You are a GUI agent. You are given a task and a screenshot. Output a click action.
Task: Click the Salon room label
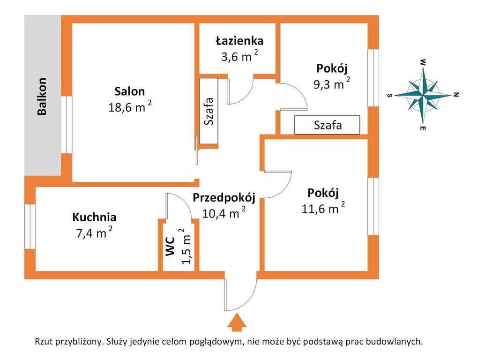[130, 91]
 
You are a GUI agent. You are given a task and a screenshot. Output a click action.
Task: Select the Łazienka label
[239, 41]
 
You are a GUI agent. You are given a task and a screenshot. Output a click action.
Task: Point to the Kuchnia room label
[94, 217]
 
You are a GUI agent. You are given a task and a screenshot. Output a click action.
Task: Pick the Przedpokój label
[224, 197]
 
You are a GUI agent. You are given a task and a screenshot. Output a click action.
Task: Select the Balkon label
[42, 97]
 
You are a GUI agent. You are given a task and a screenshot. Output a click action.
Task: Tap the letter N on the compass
[455, 95]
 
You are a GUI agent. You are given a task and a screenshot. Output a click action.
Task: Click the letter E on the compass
[423, 127]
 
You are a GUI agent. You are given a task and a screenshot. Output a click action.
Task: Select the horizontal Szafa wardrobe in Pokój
[327, 125]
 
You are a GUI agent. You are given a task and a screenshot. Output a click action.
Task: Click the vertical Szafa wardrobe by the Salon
[209, 111]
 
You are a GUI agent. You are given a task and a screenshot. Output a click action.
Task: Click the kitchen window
[30, 226]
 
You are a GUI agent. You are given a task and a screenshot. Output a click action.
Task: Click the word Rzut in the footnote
[45, 342]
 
